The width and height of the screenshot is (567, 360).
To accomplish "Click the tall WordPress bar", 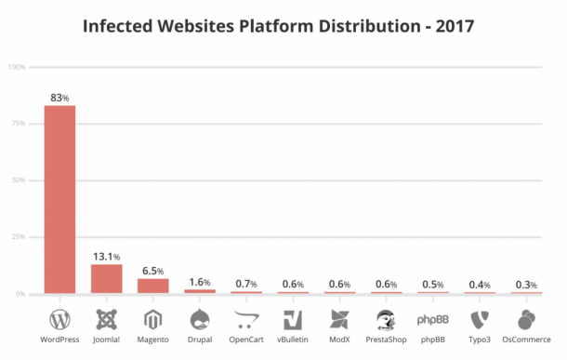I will (x=59, y=199).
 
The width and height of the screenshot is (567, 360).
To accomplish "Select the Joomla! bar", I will (x=106, y=279).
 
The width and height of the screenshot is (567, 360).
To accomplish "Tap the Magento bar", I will (x=152, y=286).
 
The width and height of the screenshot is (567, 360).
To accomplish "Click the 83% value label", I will (x=60, y=97).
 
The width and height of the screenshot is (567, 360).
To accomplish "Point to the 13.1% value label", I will (x=106, y=256).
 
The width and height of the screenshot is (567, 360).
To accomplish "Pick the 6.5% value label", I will (x=153, y=270).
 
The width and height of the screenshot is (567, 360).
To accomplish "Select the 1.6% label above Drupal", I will (x=200, y=282).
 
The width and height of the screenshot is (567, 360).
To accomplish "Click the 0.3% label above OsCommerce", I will (x=526, y=284).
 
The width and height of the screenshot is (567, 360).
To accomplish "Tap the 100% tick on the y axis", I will (x=17, y=67).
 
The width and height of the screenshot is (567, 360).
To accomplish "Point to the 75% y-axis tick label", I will (x=18, y=124).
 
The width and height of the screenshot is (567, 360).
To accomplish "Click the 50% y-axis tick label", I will (x=18, y=180).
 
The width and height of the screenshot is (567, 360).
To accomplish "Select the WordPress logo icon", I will (x=59, y=319).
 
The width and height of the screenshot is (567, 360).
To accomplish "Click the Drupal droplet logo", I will (x=199, y=319).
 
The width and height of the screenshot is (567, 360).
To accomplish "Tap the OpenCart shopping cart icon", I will (x=245, y=319).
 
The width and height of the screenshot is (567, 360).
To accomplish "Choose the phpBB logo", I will (x=432, y=320).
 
